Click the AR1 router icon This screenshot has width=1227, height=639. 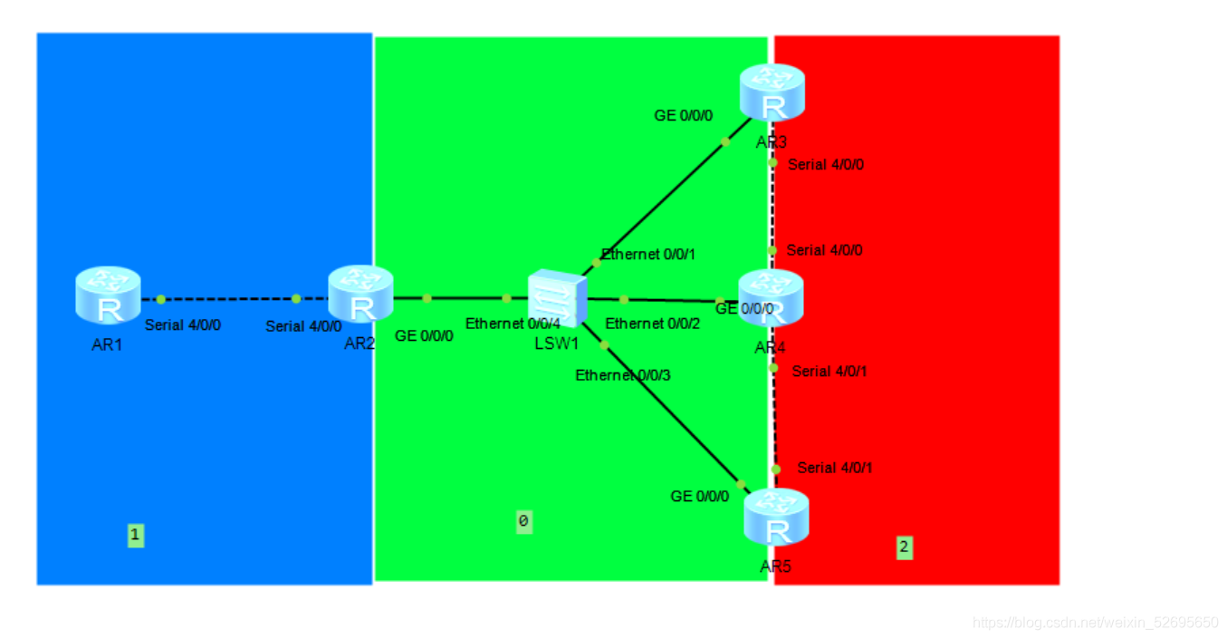pos(108,295)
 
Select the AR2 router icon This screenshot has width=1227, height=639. pos(360,294)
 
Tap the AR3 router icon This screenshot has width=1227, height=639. pos(772,92)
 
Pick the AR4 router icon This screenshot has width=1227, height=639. pos(771,298)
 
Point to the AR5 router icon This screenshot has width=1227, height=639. pos(776,517)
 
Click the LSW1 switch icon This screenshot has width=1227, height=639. pos(557,298)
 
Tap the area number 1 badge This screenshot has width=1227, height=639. pos(136,536)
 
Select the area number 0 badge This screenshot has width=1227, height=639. pos(524,521)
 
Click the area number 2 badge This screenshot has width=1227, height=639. pos(905,547)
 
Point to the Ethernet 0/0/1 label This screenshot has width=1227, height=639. pos(648,255)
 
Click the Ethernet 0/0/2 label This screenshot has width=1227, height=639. pos(652,324)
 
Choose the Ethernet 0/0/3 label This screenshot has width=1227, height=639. pos(623,375)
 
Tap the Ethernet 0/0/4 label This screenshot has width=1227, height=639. pos(513,324)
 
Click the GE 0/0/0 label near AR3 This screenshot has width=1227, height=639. pos(684,116)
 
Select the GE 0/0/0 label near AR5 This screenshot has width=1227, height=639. pos(699,497)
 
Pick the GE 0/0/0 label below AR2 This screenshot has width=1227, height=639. pos(424,335)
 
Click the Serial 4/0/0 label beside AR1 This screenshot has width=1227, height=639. pos(182,325)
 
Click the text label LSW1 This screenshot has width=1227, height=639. pos(557,344)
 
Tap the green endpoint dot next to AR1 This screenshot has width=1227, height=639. pos(160,299)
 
